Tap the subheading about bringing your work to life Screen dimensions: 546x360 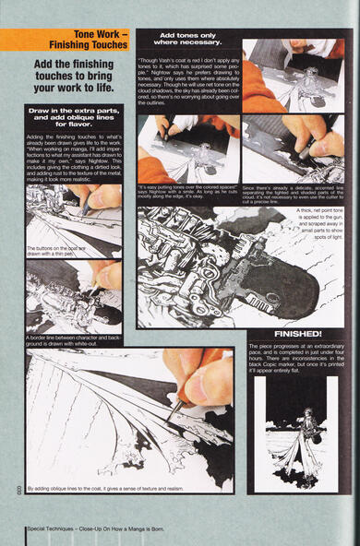tap(73, 75)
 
